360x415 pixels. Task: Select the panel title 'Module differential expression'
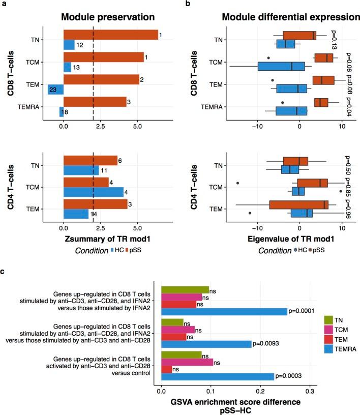pos(291,17)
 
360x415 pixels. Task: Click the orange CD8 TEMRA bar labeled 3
pos(95,102)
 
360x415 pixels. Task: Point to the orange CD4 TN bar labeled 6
pos(90,160)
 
